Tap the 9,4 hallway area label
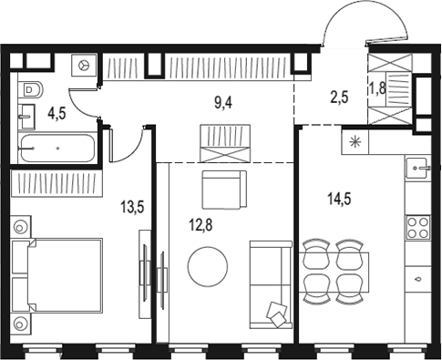pyautogui.click(x=223, y=104)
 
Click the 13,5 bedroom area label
pyautogui.click(x=132, y=206)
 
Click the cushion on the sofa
pyautogui.click(x=275, y=313)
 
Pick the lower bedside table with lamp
pyautogui.click(x=21, y=322)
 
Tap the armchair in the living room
pyautogui.click(x=224, y=190)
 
